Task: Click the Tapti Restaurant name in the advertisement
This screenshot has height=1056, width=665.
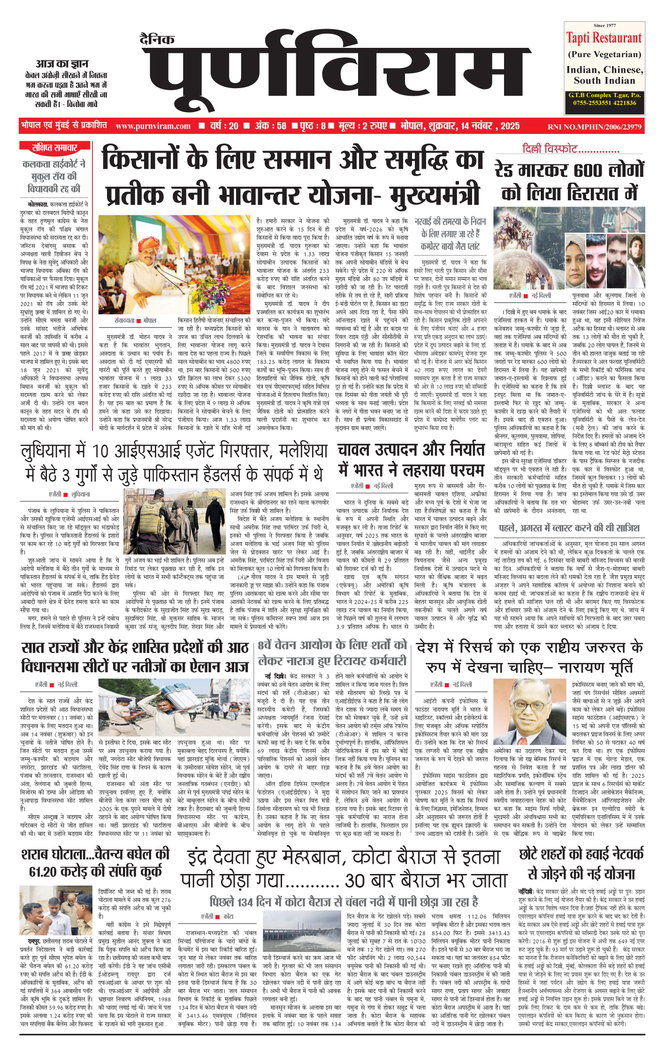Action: pos(604,38)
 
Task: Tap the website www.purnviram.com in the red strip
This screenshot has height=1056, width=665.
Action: pos(153,126)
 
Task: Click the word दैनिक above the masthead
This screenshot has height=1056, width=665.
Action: pos(157,39)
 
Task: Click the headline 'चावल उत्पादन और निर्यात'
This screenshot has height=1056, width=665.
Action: pos(410,449)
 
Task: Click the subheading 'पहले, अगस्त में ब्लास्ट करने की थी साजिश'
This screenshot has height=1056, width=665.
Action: pos(569,528)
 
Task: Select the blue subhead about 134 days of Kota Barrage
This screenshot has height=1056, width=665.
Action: pos(344,902)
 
